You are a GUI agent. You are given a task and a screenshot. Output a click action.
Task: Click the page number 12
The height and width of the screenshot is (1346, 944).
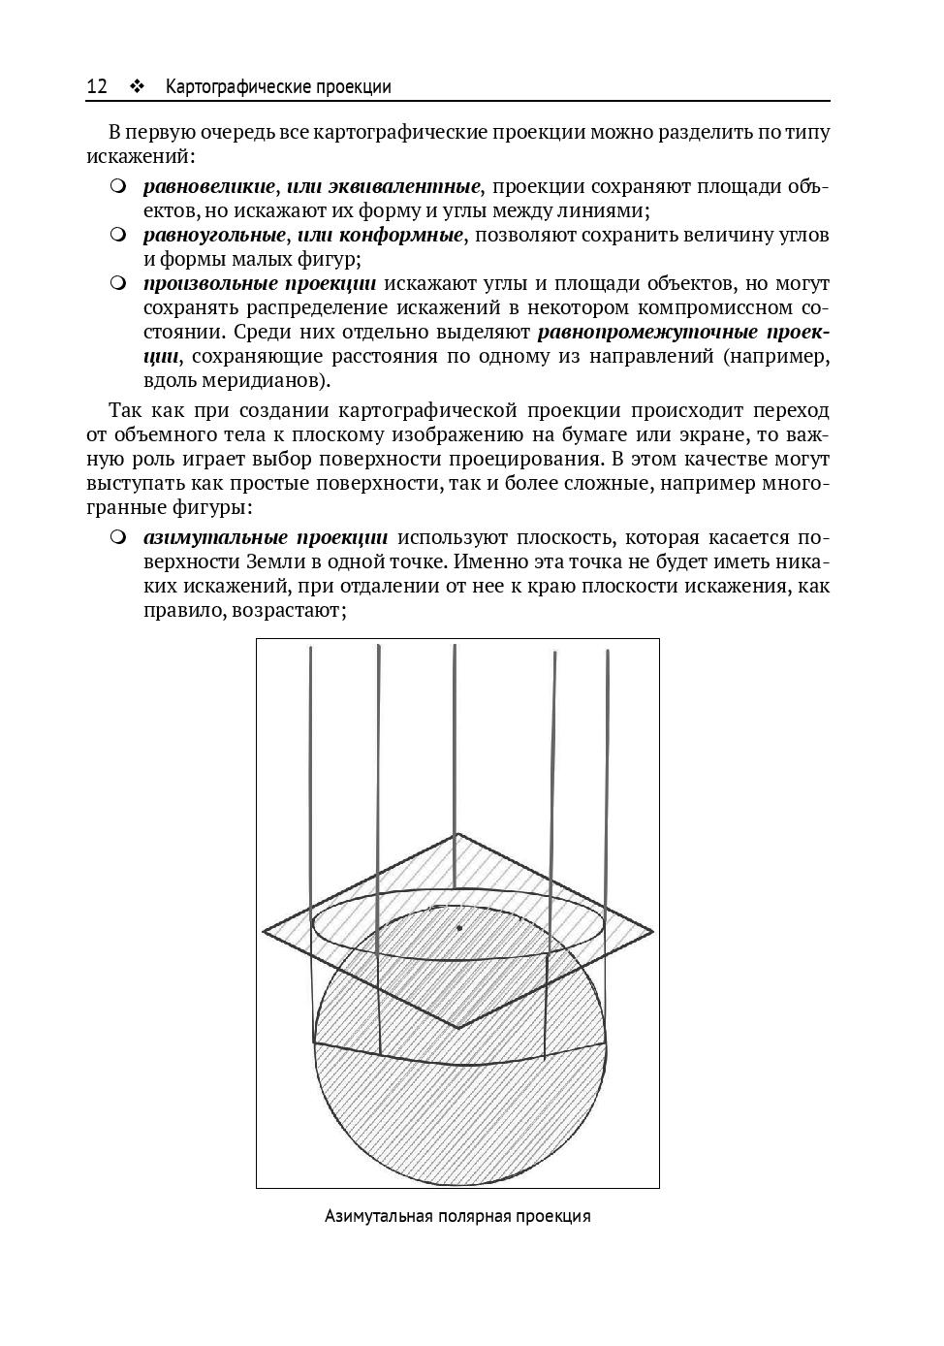[x=97, y=87]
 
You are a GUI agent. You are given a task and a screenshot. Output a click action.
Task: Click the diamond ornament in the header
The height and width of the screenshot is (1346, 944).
[x=137, y=87]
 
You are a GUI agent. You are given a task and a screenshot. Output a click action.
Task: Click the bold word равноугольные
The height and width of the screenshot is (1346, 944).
[x=214, y=235]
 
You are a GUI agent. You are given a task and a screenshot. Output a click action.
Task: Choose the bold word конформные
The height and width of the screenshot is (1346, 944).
[x=404, y=235]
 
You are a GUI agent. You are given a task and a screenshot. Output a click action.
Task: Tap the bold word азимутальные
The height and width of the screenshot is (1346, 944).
[x=214, y=538]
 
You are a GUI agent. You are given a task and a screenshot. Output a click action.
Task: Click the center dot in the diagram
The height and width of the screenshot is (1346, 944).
[x=459, y=928]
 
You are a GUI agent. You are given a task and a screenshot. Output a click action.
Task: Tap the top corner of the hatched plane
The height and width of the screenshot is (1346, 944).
[x=456, y=834]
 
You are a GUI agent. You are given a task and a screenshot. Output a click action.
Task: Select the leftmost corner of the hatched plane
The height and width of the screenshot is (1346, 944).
[x=264, y=932]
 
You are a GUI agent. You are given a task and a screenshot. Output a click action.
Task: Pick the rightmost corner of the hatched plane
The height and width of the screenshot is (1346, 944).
[x=653, y=932]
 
